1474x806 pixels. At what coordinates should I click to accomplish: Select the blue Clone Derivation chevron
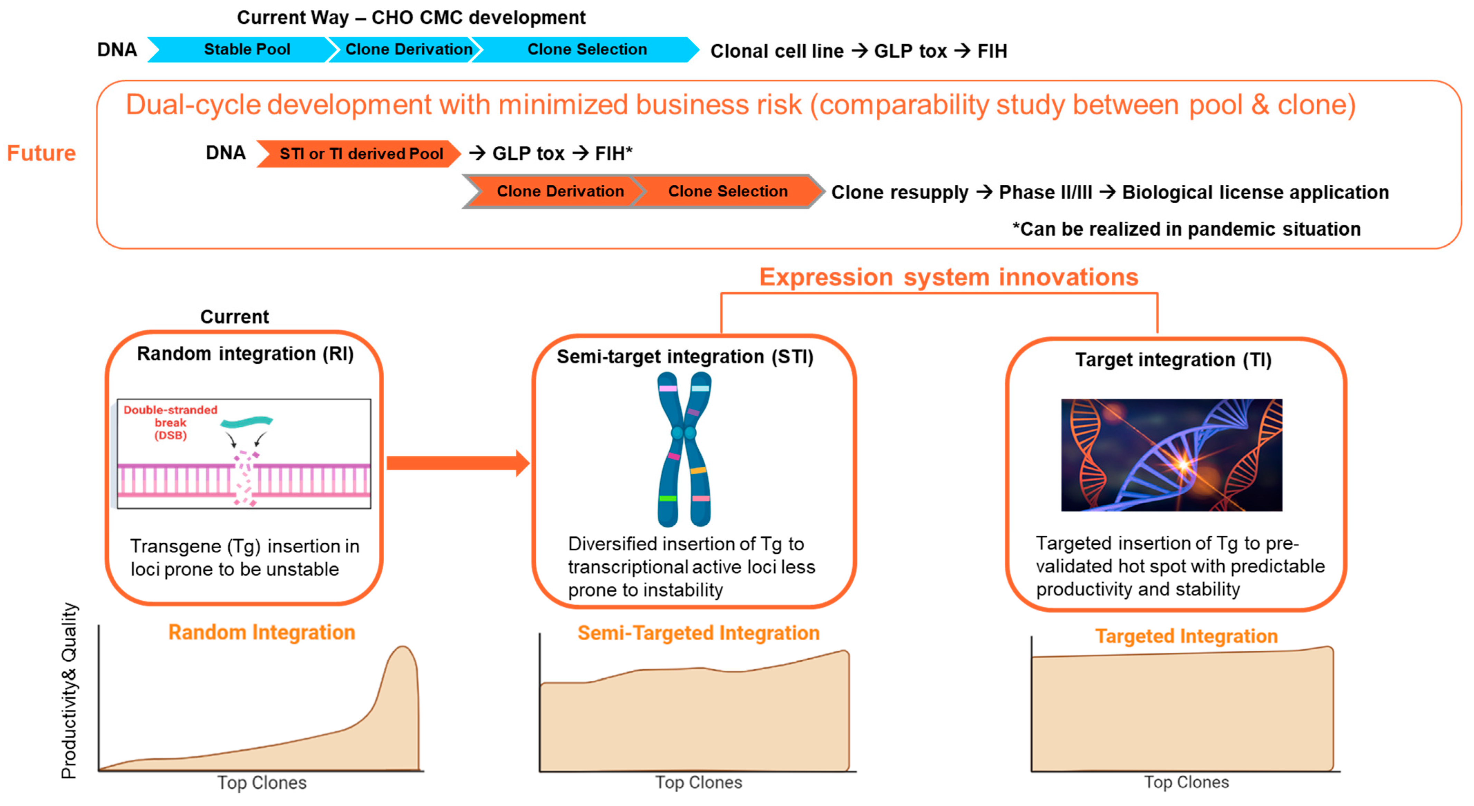pos(408,50)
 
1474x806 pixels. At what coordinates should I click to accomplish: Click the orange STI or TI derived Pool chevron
pos(361,154)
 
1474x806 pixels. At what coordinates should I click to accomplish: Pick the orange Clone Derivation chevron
pos(559,192)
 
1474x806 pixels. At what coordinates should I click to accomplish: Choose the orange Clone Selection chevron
pos(727,192)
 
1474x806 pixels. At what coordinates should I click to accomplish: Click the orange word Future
pos(41,153)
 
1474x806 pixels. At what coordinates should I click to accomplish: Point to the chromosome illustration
pos(685,449)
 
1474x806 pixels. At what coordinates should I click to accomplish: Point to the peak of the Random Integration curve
pos(403,648)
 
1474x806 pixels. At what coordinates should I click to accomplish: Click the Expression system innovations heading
pos(948,278)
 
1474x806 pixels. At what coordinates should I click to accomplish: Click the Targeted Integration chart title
pos(1186,636)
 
